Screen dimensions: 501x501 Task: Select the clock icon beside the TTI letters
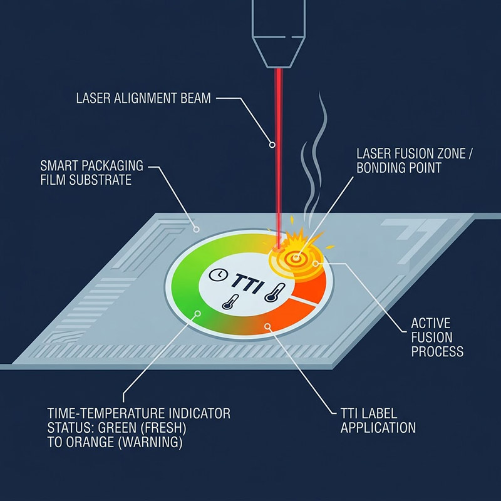[215, 275]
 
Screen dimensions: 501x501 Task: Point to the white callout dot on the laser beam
[272, 145]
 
